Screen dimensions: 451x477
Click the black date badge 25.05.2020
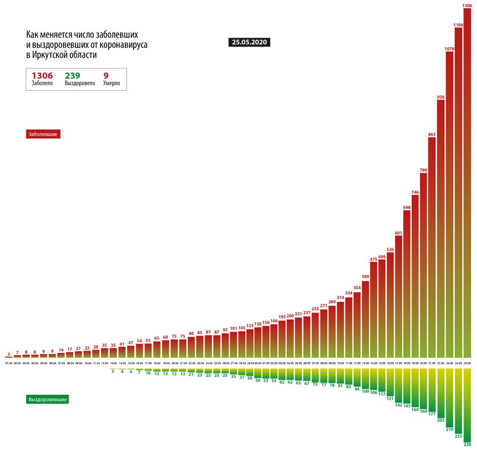[x=249, y=42]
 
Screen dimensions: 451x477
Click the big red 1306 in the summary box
[x=42, y=75]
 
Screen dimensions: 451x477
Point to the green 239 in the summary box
[x=73, y=75]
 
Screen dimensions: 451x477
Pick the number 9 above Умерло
[x=106, y=75]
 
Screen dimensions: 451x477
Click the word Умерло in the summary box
[x=111, y=83]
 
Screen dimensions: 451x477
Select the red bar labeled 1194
[x=458, y=186]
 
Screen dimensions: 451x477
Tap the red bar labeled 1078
[x=450, y=200]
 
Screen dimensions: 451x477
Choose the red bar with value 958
[x=441, y=223]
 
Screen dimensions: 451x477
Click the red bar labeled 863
[x=432, y=242]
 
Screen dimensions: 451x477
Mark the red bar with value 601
[x=398, y=293]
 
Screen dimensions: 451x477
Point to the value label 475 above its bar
[x=373, y=259]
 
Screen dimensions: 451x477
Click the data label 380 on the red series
[x=365, y=276]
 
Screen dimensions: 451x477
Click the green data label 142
[x=398, y=405]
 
